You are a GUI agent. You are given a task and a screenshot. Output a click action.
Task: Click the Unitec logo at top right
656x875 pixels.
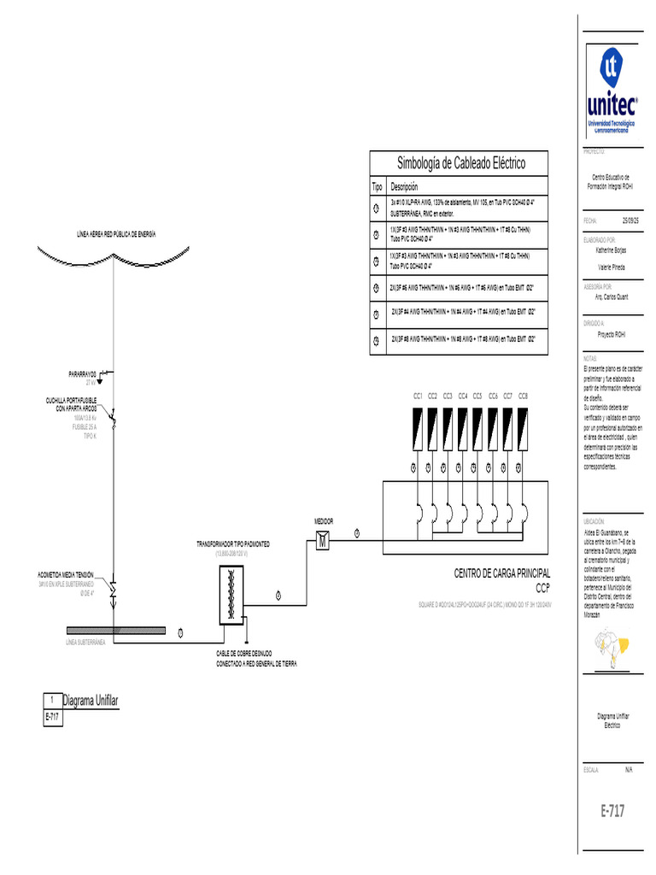point(611,93)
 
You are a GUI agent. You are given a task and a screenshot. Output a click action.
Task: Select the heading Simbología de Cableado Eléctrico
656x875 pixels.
point(461,162)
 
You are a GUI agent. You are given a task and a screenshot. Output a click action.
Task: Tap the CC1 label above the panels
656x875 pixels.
point(418,396)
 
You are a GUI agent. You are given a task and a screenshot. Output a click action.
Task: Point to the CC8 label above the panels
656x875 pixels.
point(523,396)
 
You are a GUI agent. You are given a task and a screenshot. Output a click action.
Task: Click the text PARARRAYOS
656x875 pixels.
point(84,375)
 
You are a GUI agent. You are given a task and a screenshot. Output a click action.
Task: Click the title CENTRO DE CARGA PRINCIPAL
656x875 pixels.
point(502,573)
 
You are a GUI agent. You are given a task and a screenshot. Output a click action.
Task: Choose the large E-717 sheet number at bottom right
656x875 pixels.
point(611,812)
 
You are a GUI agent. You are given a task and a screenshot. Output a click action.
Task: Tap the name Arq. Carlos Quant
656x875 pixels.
point(612,297)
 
